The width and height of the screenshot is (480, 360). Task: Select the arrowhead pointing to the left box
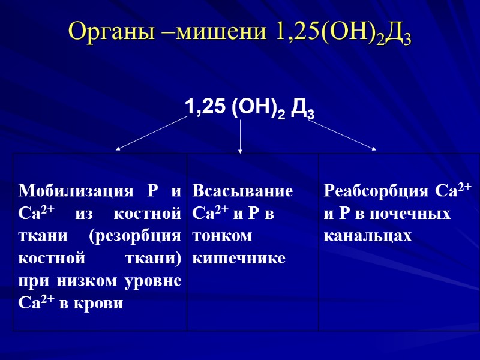pyautogui.click(x=118, y=147)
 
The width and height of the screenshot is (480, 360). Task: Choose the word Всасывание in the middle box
pyautogui.click(x=242, y=191)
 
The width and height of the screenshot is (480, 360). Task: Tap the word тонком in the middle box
pyautogui.click(x=222, y=236)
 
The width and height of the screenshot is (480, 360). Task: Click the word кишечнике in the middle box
pyautogui.click(x=239, y=258)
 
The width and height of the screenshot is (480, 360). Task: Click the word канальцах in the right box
pyautogui.click(x=367, y=236)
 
